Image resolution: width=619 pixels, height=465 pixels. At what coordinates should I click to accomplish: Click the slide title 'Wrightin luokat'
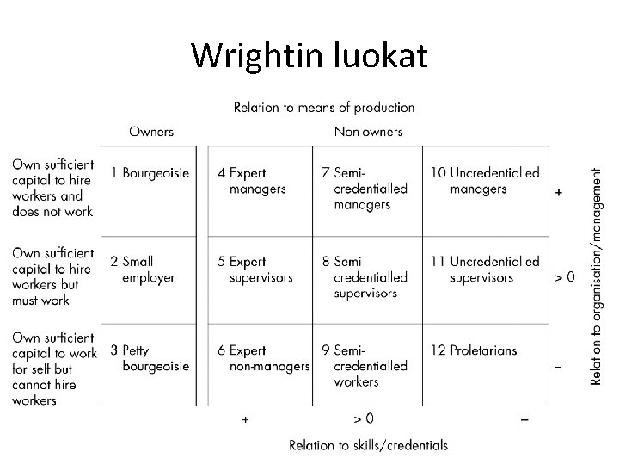[x=309, y=56]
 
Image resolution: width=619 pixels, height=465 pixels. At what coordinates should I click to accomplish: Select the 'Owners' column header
[x=151, y=132]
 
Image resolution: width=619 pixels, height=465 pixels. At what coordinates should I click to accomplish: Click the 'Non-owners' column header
[x=368, y=132]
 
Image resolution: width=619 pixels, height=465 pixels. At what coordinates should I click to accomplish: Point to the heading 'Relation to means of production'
[x=324, y=108]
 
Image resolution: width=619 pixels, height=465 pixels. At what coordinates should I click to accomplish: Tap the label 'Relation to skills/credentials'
[x=369, y=445]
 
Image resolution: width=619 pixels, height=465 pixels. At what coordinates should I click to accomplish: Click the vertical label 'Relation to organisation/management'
[x=598, y=276]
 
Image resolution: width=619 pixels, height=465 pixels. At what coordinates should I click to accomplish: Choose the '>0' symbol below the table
[x=364, y=419]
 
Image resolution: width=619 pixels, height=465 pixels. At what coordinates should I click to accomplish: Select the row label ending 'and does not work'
[x=52, y=188]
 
